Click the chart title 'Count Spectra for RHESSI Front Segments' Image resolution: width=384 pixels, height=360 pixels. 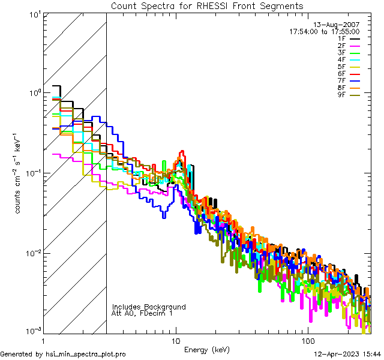207,6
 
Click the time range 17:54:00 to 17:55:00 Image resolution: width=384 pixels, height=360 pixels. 324,32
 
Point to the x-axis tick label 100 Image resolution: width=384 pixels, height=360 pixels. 308,340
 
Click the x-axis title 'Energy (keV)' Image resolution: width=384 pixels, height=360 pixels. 207,349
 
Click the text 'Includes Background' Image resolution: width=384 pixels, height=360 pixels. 149,307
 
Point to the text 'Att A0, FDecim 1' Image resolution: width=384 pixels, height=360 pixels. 142,313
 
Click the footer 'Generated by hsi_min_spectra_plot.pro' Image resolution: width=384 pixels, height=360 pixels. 63,354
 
